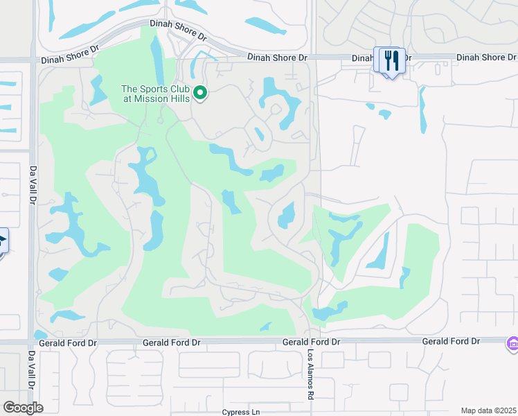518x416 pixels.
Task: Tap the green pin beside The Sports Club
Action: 200,93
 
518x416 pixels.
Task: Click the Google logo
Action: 23,408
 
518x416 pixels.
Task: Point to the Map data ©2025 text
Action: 488,410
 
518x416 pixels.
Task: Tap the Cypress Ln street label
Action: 241,412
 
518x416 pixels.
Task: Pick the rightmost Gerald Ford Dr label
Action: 451,342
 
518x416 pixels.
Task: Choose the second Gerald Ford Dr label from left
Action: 171,343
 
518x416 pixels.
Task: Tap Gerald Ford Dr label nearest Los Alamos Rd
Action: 311,343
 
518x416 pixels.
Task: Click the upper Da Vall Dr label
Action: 32,185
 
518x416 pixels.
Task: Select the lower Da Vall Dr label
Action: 32,372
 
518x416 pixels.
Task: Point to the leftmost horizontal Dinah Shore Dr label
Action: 70,60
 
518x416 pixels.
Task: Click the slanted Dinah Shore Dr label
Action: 178,28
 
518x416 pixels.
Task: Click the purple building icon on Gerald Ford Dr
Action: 512,343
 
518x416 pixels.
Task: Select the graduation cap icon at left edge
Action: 2,242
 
